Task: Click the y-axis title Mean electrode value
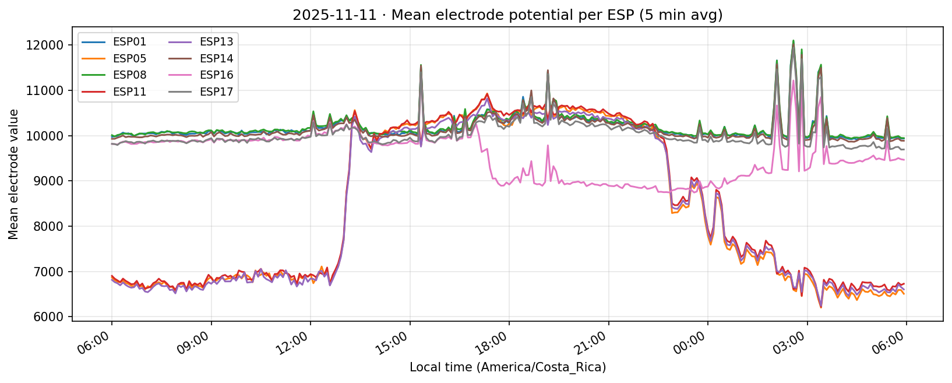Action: [13, 174]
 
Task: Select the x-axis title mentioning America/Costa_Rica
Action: [507, 368]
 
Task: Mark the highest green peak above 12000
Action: [793, 41]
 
